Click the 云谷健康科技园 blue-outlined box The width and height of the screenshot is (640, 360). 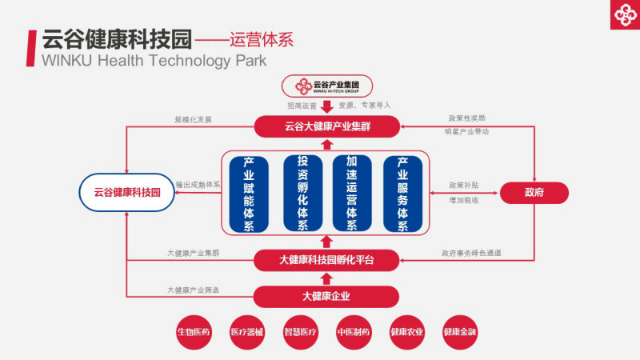coord(127,192)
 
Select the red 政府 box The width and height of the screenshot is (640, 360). coord(534,192)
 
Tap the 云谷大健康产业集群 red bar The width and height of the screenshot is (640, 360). coord(326,126)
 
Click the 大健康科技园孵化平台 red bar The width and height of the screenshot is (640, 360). coord(326,259)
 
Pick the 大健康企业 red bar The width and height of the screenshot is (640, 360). coord(326,297)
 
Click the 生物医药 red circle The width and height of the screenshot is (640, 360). coord(194,332)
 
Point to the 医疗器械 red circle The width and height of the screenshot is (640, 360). coord(247,332)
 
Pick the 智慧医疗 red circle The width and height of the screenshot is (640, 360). coord(300,332)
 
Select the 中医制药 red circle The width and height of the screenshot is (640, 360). coord(353,332)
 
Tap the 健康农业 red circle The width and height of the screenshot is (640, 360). coord(406,332)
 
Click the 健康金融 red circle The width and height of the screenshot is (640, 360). coord(459,332)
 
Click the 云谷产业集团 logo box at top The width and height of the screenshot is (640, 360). coord(326,86)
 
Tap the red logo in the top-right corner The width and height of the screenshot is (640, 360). coord(622,14)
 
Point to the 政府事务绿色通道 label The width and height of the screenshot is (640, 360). coord(471,254)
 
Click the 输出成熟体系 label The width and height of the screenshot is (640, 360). coord(198,184)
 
